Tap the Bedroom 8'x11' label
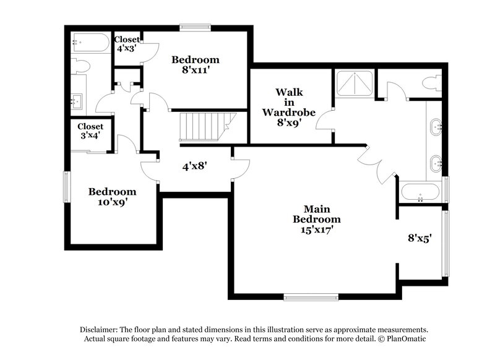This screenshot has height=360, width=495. click(x=196, y=65)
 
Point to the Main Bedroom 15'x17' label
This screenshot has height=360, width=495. click(x=316, y=220)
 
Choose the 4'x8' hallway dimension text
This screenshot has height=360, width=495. click(x=194, y=166)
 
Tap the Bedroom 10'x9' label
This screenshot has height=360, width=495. click(x=111, y=197)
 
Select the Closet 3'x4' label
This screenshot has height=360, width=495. click(x=90, y=131)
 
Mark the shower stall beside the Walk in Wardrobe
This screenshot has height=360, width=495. click(x=355, y=84)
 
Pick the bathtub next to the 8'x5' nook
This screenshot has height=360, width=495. click(x=420, y=192)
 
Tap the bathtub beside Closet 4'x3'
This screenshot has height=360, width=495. click(x=90, y=44)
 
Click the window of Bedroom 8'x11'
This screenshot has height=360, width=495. click(x=195, y=27)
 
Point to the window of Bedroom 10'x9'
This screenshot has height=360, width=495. click(x=67, y=187)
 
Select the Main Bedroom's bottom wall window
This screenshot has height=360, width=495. click(x=311, y=296)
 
